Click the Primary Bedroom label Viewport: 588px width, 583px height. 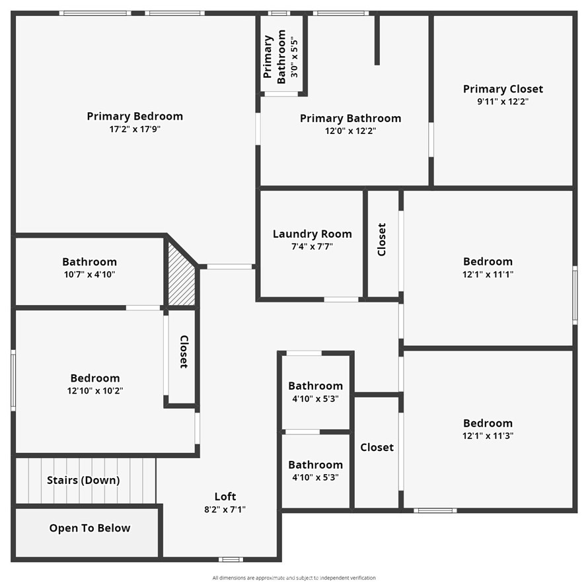point(135,116)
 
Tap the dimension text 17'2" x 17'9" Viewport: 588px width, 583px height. point(135,129)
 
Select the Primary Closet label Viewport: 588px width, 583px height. point(503,89)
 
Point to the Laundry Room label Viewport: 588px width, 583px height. point(312,234)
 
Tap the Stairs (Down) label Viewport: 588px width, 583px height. point(83,480)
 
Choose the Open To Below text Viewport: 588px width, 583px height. point(90,528)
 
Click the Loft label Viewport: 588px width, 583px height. point(225,497)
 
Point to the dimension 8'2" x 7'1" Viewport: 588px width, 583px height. point(225,509)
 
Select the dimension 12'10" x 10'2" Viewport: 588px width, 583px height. point(96,390)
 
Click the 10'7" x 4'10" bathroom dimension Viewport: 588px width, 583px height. point(89,274)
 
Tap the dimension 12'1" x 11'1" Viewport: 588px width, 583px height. point(488,274)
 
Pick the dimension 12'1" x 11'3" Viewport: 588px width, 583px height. point(488,436)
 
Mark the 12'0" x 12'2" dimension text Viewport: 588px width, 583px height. point(350,131)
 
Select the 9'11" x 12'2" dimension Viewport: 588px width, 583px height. point(503,102)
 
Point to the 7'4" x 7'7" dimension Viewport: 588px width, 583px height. point(312,246)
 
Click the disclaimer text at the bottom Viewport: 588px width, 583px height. point(294,578)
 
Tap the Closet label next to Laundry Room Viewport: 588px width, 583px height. point(382,239)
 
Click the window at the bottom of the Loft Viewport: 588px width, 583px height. point(231,559)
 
